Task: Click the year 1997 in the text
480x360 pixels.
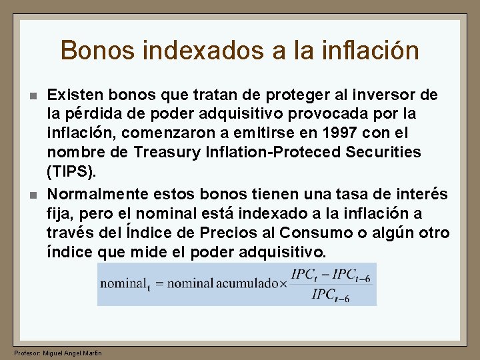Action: [344, 133]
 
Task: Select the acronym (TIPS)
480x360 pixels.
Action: [71, 171]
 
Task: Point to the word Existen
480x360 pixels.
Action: [73, 95]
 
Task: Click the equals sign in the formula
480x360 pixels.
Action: [157, 283]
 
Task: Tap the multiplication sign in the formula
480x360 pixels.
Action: [283, 283]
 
